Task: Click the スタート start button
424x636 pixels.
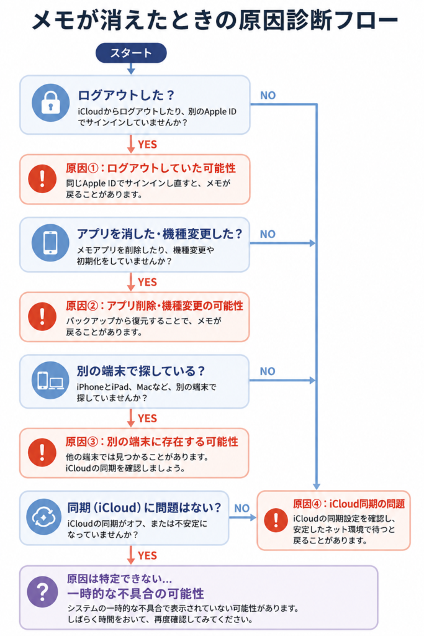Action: pos(131,53)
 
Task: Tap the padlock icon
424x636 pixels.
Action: pos(50,102)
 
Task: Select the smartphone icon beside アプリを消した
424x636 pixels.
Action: pos(50,243)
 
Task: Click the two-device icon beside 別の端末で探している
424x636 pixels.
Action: pos(50,381)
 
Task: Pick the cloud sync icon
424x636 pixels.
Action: pos(44,517)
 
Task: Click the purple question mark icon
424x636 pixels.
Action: pos(43,592)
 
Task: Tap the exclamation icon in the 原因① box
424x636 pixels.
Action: pos(42,179)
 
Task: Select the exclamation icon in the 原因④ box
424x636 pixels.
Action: pos(276,520)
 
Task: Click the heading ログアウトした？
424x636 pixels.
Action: pos(126,95)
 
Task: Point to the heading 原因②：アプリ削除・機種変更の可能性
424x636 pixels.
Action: pos(155,306)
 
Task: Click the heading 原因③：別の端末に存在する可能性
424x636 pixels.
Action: pos(152,442)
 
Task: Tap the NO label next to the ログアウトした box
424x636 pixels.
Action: pos(268,95)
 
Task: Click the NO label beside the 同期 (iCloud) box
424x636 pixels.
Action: pos(242,508)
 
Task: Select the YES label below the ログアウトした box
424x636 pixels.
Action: pos(148,144)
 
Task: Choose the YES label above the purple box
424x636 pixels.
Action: pos(148,555)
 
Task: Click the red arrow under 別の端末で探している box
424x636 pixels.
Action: pos(130,418)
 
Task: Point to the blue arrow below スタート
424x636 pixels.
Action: pos(131,68)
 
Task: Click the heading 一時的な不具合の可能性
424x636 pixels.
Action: pos(135,594)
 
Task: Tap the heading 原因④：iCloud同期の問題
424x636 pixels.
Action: pos(349,504)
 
